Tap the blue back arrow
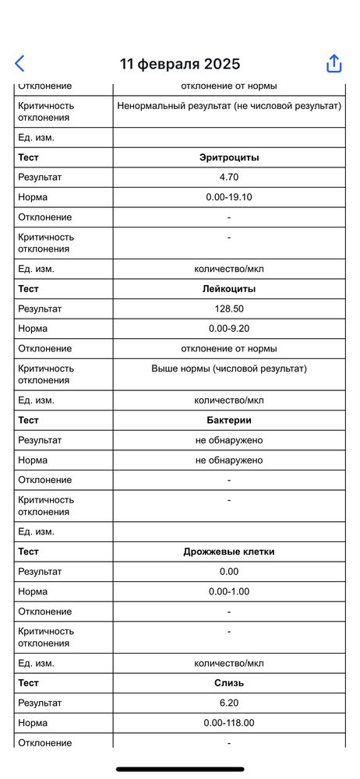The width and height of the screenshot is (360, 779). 20,64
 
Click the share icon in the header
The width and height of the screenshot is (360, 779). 334,64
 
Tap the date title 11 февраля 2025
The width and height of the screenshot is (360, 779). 180,64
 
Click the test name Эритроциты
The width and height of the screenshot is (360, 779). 229,157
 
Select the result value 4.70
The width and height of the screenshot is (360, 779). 229,178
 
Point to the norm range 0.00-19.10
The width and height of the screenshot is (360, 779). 229,197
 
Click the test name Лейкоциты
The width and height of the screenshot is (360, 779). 229,289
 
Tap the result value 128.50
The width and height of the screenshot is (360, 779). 229,309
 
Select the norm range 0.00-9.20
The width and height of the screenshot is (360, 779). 229,329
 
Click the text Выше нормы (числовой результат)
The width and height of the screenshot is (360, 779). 229,368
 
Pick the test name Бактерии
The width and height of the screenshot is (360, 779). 229,421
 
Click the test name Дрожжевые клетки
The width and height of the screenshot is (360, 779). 229,552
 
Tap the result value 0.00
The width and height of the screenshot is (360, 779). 229,572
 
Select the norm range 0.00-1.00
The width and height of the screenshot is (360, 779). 229,592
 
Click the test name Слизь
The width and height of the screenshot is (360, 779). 229,683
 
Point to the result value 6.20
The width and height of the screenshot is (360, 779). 229,703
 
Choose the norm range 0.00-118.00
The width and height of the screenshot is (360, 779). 229,723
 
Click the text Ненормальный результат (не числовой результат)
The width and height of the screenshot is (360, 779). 229,105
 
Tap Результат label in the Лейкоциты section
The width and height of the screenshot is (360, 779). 40,309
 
